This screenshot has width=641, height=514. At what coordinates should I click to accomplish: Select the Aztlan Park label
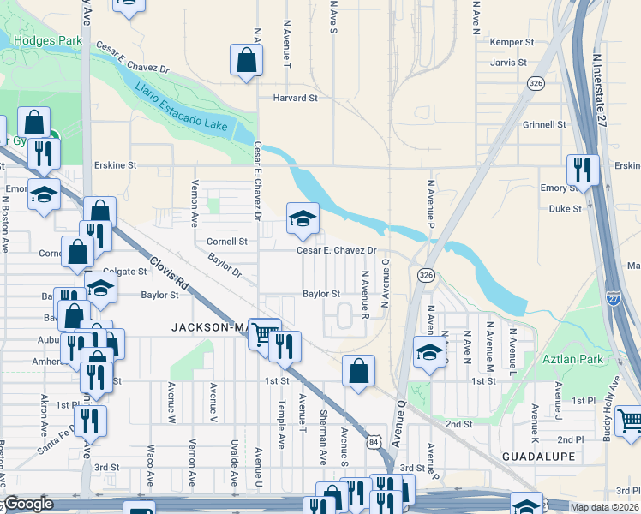coord(572,360)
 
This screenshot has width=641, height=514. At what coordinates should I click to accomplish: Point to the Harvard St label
coord(296,99)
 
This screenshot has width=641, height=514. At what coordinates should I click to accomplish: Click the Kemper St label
coord(512,42)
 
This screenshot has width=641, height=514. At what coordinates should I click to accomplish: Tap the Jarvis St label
coord(509,63)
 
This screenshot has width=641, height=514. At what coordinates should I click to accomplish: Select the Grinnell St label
coord(543,124)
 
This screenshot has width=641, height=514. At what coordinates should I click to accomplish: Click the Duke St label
coord(565,208)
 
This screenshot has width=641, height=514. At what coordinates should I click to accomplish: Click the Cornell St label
coord(226,242)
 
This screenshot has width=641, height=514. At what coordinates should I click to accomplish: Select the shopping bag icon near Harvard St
coord(247,61)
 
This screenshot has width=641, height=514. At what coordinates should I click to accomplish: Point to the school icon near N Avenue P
coord(430,351)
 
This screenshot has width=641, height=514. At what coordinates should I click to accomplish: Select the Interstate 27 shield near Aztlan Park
coord(614,296)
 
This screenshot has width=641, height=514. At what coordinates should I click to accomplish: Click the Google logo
coord(28,504)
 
